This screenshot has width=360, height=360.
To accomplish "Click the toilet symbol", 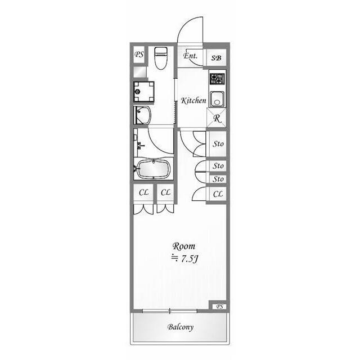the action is tap(161, 58).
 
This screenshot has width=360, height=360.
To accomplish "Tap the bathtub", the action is tap(154, 169).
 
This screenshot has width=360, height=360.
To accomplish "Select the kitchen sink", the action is tap(217, 99).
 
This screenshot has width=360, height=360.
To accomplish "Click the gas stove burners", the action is tap(217, 79).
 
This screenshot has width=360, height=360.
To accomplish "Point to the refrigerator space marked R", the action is tap(217, 118).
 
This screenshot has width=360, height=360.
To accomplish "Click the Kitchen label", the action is tap(193, 100).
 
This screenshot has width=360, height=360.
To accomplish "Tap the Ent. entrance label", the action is tap(190, 56).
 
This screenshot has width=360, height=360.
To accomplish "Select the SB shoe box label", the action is tap(216, 58).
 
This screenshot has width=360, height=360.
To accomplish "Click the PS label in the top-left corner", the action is tap(139, 55).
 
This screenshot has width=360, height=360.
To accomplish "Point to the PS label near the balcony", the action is tap(219, 307).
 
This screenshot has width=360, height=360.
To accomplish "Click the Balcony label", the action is tap(181, 327).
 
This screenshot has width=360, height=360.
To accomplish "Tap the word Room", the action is tap(184, 246).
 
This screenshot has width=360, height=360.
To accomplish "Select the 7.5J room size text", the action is tap(190, 259).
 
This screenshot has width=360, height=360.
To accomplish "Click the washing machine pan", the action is tap(144, 91).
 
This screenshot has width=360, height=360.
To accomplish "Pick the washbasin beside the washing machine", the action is tap(142, 115).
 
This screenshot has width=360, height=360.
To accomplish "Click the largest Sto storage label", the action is tap(218, 144).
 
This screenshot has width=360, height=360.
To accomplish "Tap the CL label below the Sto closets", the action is tap(218, 194).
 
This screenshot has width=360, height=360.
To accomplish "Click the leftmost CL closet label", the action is tap(144, 192).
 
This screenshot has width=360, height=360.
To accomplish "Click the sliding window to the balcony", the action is tap(170, 311).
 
